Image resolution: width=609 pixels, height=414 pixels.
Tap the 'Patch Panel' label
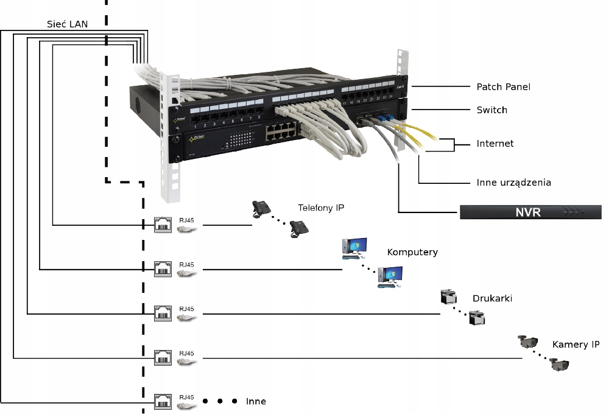503,87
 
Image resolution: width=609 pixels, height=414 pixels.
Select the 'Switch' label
491,110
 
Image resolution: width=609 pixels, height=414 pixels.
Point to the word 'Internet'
495,144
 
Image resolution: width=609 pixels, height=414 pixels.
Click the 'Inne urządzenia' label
514,182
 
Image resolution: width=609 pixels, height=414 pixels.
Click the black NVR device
530,212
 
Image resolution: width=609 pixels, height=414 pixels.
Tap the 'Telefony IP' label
321,208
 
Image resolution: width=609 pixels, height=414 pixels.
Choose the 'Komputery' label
412,252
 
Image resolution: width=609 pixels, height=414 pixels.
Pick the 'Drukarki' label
492,298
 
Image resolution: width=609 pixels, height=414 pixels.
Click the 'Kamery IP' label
576,345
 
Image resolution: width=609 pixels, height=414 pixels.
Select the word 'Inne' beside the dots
256,402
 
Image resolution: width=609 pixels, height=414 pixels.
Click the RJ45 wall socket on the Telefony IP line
162,225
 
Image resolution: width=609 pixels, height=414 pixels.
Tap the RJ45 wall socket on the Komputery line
162,268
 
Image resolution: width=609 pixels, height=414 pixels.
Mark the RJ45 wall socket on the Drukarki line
162,314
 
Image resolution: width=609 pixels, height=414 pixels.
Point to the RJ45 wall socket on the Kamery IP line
162,358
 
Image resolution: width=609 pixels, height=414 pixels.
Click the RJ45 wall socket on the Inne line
162,402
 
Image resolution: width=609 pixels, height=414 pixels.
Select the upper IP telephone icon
261,209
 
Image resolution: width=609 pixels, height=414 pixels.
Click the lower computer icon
390,277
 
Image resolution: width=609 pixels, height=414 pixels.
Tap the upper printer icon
448,297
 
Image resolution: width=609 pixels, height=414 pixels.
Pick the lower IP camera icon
559,365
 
